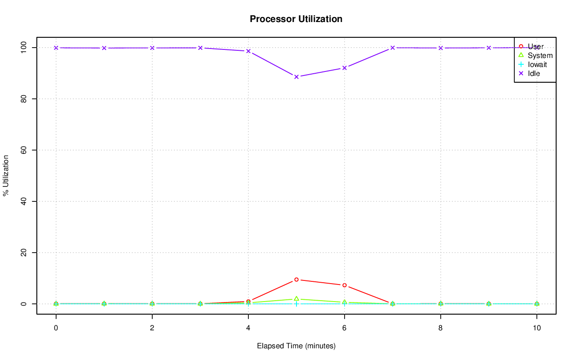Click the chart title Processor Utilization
tap(296, 19)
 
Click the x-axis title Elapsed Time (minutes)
tap(296, 346)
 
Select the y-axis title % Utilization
tap(6, 175)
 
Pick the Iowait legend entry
tap(537, 64)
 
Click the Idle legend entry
tap(534, 73)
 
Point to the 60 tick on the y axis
tap(22, 150)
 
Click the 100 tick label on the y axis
tap(22, 47)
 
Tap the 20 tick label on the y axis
tap(22, 253)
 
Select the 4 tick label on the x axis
tap(248, 328)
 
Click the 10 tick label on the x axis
tap(536, 328)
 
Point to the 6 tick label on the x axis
tap(344, 328)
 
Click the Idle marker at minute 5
tap(296, 77)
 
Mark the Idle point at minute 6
tap(345, 68)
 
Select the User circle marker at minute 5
tap(296, 280)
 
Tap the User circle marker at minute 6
tap(345, 285)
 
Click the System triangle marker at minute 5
tap(296, 299)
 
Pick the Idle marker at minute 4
tap(248, 51)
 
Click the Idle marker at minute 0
tap(56, 48)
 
